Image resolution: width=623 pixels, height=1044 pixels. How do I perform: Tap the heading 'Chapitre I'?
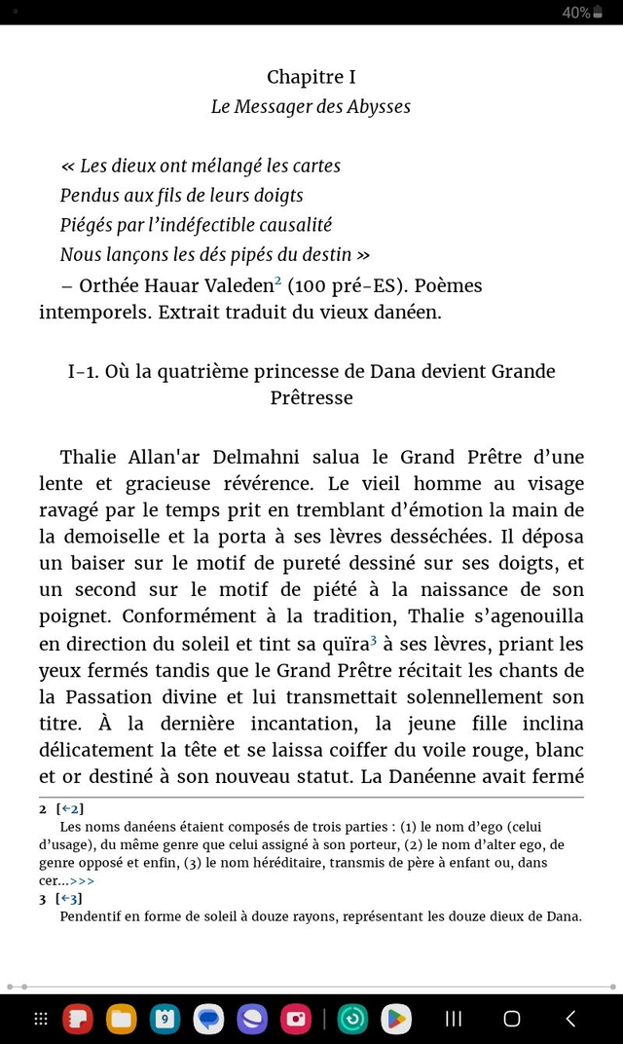point(311,77)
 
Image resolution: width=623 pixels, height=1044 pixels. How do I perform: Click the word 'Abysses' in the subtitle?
point(378,106)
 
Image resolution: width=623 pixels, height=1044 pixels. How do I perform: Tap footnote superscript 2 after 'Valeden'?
point(277,281)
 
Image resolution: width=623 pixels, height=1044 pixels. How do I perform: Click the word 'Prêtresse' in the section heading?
point(311,397)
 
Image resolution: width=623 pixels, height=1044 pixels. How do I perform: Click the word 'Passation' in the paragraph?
point(109,696)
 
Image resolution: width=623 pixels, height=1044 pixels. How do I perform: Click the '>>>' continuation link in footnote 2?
point(82,880)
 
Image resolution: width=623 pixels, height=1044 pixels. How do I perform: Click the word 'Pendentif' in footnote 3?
point(92,916)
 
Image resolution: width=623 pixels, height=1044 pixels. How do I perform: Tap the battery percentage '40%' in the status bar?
point(575,13)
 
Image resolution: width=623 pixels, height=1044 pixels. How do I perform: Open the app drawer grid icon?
point(41,1019)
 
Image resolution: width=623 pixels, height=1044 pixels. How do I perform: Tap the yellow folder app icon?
point(121,1019)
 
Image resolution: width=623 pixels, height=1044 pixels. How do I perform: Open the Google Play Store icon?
point(395,1019)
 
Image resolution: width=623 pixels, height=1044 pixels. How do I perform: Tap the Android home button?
point(512,1019)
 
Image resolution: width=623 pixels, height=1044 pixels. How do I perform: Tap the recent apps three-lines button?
point(453,1019)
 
